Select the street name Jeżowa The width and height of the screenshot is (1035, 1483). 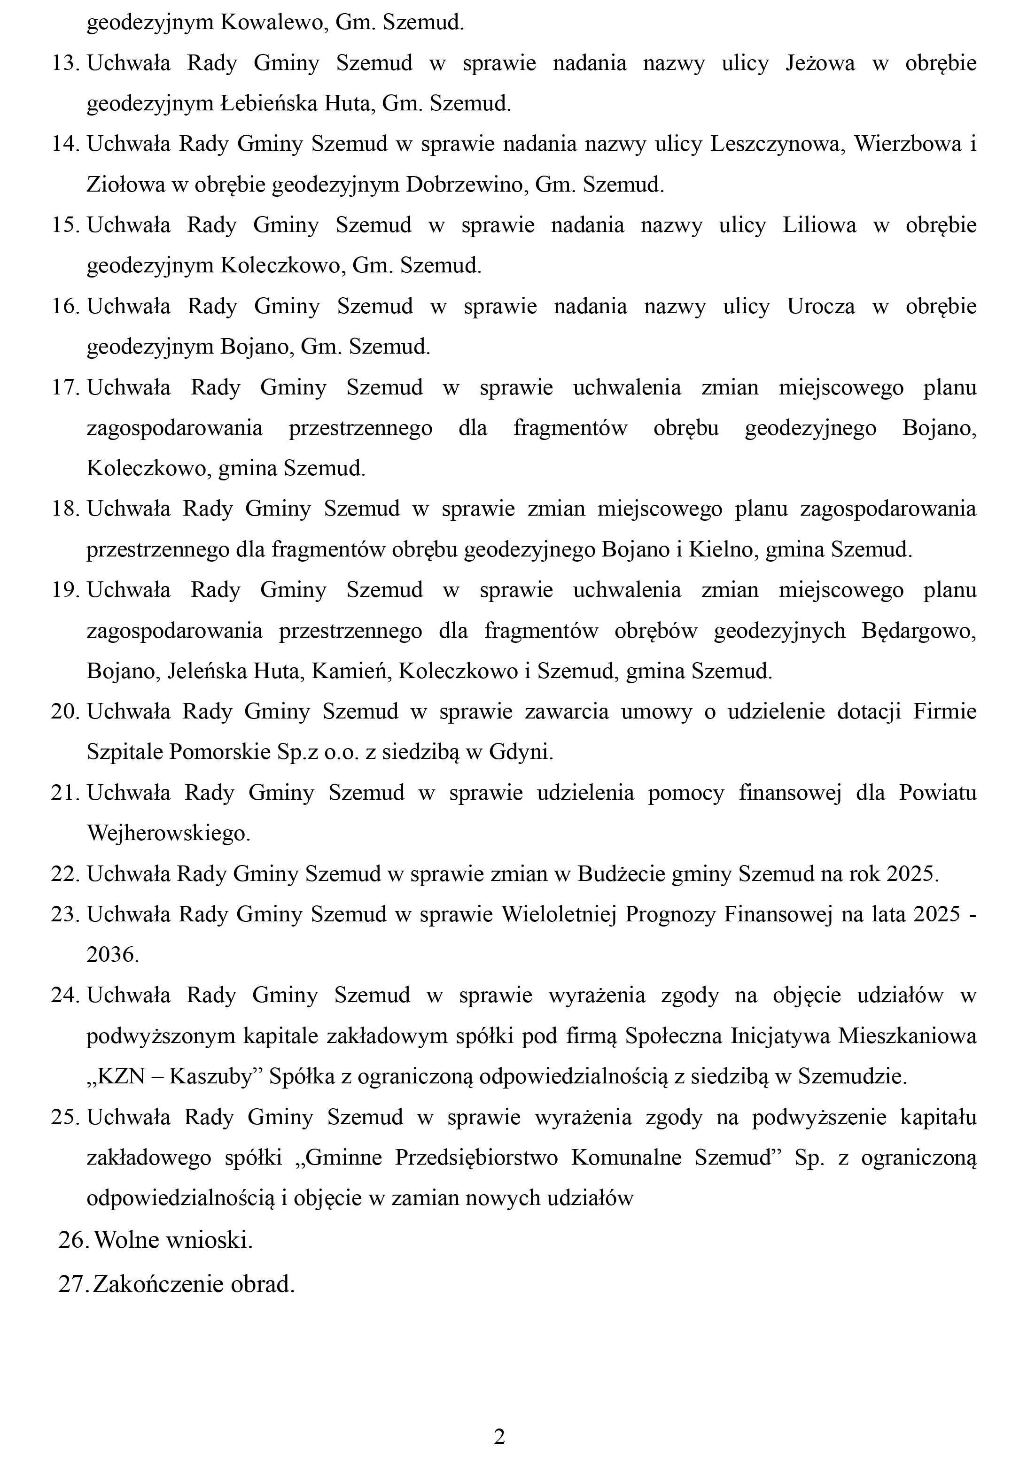pos(819,63)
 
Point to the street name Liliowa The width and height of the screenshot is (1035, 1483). pos(819,225)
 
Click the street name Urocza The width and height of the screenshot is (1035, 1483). pos(820,306)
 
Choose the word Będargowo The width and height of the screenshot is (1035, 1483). pos(918,630)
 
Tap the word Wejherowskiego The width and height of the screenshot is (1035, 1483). pos(168,833)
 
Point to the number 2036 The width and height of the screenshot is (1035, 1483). pos(112,955)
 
